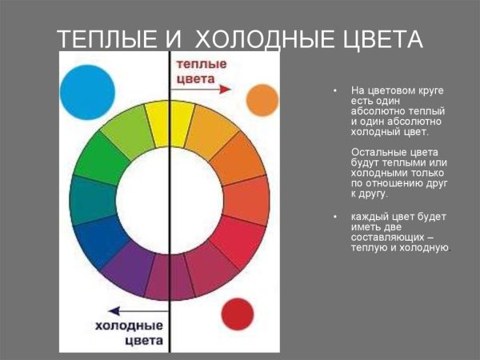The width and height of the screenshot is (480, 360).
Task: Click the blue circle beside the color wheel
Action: pyautogui.click(x=87, y=93)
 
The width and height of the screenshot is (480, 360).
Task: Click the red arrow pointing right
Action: pyautogui.click(x=215, y=90)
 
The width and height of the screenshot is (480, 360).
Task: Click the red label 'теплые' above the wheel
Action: pyautogui.click(x=200, y=64)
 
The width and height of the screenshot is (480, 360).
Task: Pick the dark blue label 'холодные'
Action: pyautogui.click(x=130, y=326)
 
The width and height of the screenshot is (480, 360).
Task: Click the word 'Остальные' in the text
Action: pyautogui.click(x=377, y=152)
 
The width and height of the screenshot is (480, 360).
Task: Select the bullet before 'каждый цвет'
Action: pyautogui.click(x=335, y=218)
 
